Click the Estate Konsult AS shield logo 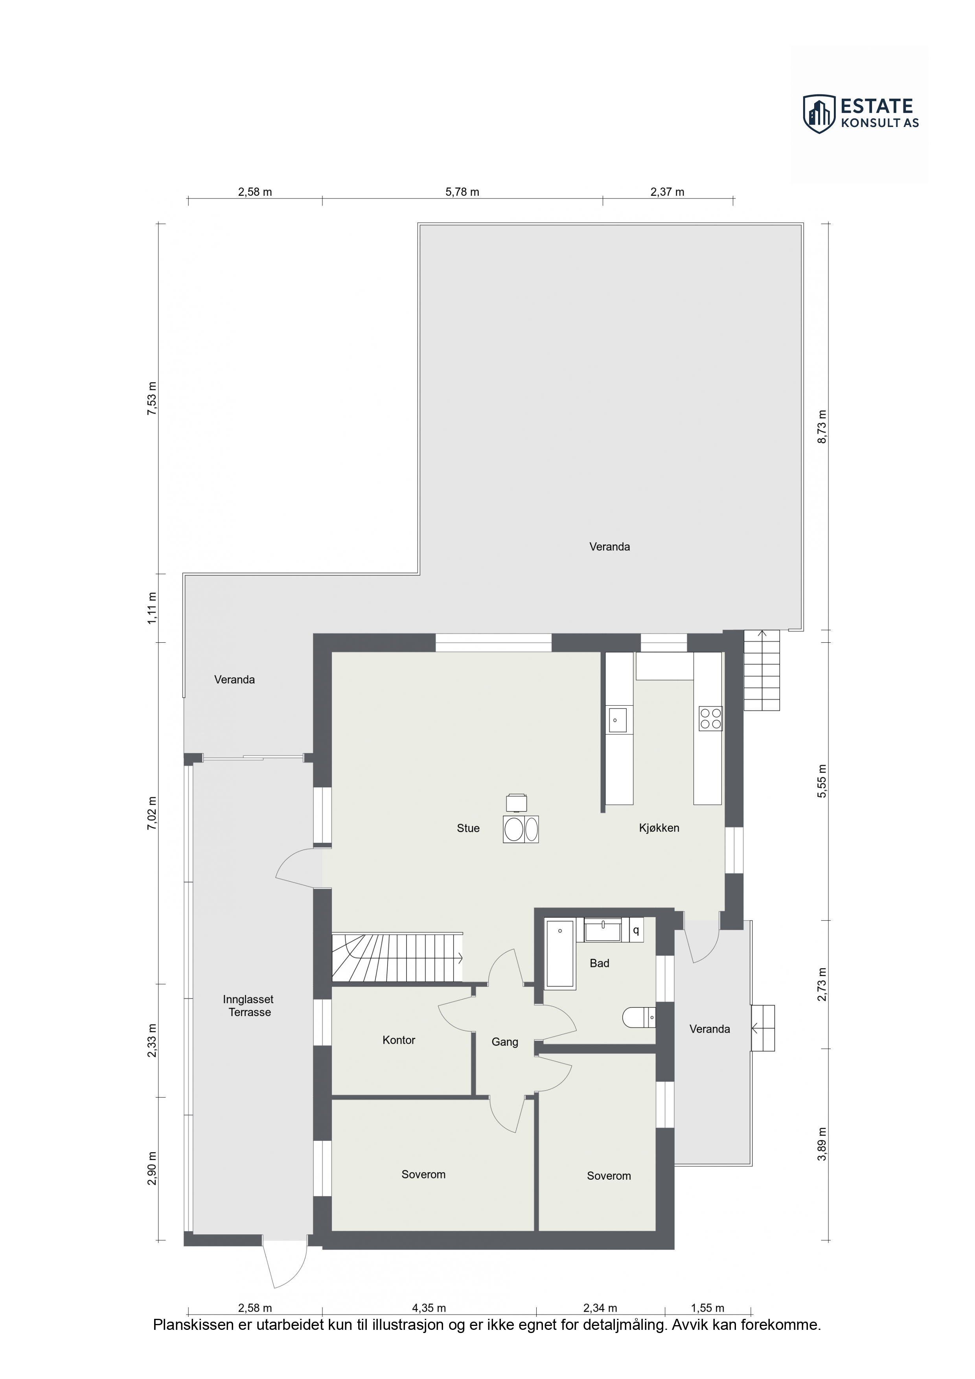[819, 114]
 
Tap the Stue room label [468, 828]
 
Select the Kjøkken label [659, 827]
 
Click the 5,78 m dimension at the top [462, 192]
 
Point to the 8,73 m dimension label [822, 427]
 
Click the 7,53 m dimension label [152, 398]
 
